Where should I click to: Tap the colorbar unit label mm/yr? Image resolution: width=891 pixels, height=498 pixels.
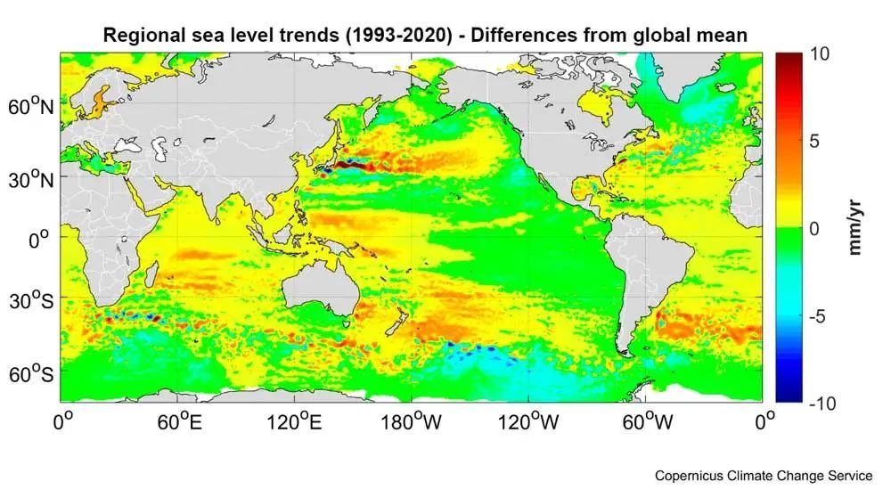(854, 228)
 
